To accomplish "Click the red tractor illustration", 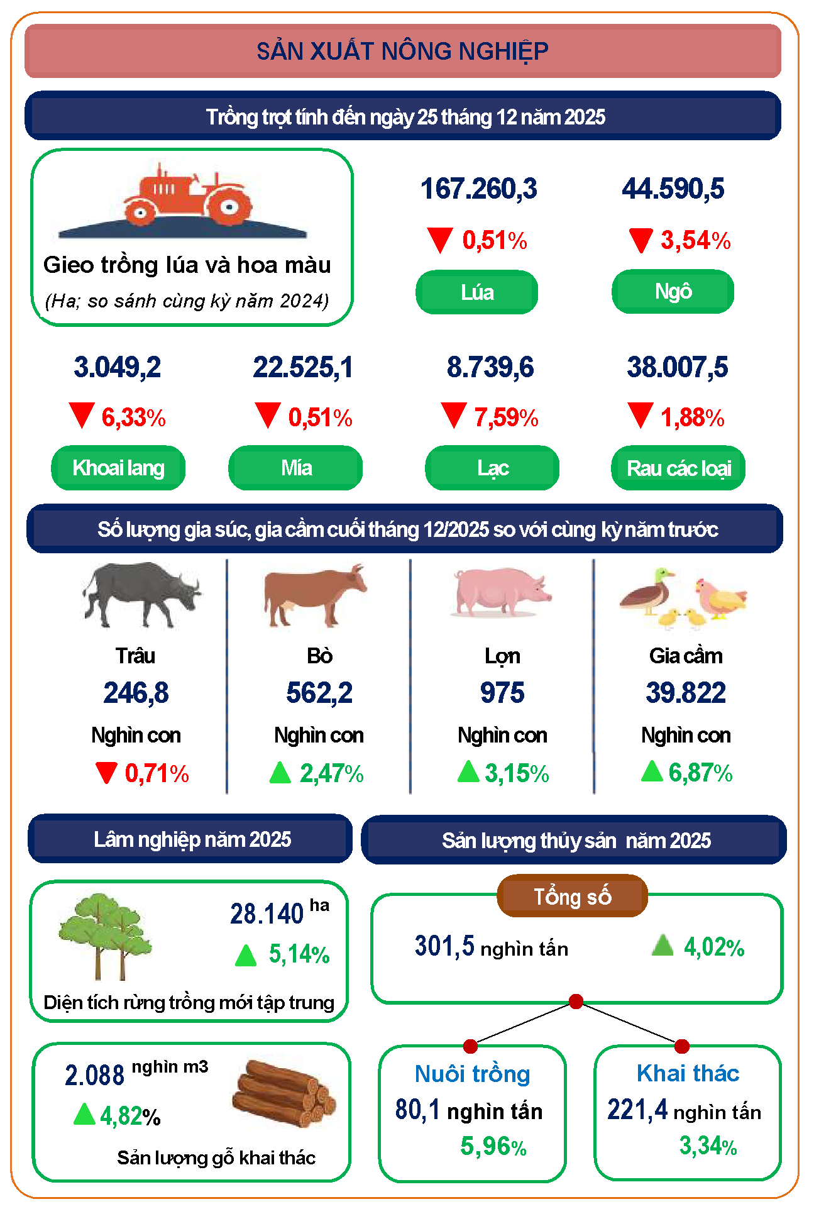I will [187, 196].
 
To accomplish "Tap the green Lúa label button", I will [476, 292].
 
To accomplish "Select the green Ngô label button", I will [673, 292].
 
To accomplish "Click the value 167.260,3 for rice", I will [478, 189].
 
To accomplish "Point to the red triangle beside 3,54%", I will [641, 241].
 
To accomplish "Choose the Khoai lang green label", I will [118, 468].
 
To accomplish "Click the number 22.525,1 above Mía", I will [303, 368].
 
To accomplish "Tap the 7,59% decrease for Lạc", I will [505, 417].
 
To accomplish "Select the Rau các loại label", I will [678, 468].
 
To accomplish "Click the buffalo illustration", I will [141, 594].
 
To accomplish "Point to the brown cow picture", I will [314, 594].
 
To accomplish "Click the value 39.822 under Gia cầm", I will [686, 693].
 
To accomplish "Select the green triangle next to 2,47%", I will [280, 773].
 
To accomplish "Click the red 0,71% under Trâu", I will [157, 774].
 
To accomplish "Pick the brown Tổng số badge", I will [572, 897].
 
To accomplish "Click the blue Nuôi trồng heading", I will [473, 1074].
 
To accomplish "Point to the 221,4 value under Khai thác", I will [637, 1110].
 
